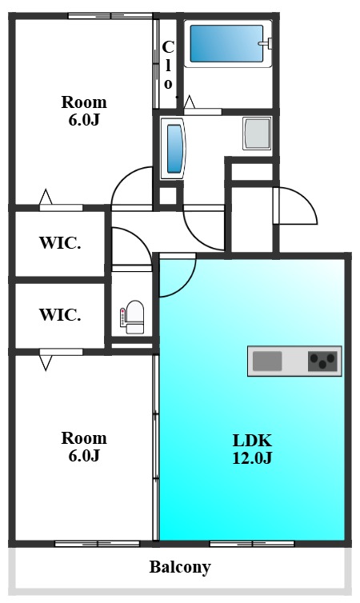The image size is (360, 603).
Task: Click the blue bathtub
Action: [x=226, y=43]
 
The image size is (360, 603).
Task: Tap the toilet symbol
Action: [x=132, y=317]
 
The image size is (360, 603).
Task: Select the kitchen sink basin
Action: [x=267, y=361]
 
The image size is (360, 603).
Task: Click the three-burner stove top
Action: [x=322, y=361]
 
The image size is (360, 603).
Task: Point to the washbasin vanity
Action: [x=173, y=149]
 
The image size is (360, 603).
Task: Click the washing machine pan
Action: [x=257, y=134]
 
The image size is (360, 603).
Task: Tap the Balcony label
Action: [x=180, y=567]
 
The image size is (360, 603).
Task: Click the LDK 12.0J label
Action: [x=252, y=449]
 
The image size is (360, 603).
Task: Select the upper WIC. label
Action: [x=60, y=243]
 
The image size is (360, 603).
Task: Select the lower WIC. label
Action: [x=60, y=315]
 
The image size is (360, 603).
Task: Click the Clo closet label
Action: [x=168, y=65]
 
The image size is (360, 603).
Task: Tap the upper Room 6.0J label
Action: [x=84, y=111]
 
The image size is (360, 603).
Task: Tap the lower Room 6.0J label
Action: [x=84, y=447]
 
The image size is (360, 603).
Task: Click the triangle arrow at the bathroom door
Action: [x=190, y=102]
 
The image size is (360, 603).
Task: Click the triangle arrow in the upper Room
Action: [x=46, y=197]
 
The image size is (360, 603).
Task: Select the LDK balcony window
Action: [x=252, y=544]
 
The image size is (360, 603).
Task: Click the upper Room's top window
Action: [x=110, y=16]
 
